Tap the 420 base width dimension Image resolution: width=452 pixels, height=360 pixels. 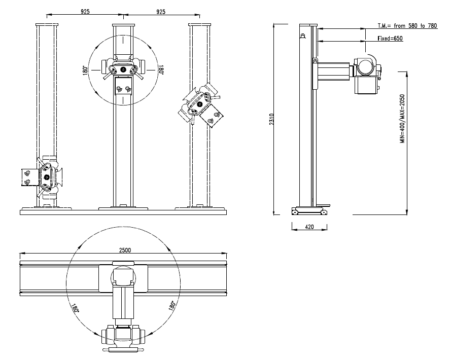tap(309, 227)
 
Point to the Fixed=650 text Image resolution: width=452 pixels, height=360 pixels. tap(390, 39)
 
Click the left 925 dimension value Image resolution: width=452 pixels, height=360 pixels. tap(85, 11)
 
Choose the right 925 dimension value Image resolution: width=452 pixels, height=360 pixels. tap(161, 11)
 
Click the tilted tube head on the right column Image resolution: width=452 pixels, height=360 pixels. tap(199, 105)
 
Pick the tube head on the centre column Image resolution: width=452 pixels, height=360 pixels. tap(123, 68)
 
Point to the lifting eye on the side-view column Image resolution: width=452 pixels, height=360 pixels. tap(303, 36)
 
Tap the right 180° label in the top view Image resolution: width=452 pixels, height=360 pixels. tap(172, 306)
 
